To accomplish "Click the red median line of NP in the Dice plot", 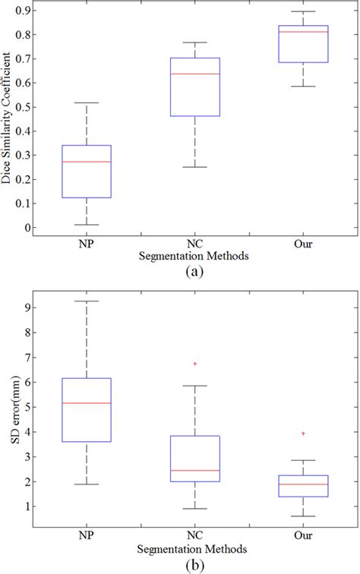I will [x=87, y=162].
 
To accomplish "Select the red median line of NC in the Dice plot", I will [x=195, y=74].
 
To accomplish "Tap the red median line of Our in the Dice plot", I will [x=303, y=32].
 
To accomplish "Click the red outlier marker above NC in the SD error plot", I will [x=195, y=364].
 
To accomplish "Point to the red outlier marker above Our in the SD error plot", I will [x=303, y=434].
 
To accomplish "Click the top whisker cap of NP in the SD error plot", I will [x=87, y=301].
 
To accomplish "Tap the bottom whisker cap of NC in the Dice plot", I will [x=195, y=167].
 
